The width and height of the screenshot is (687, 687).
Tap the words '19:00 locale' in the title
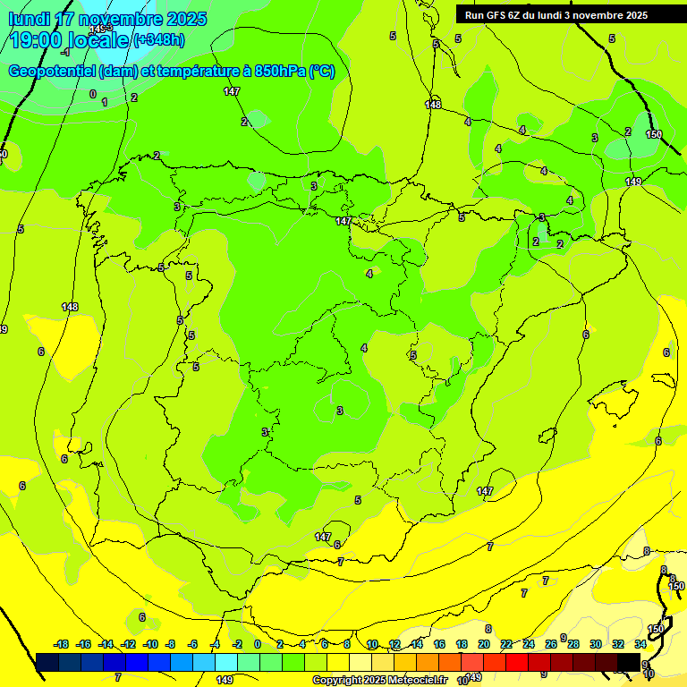tap(70, 40)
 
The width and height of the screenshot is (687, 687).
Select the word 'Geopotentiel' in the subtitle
tap(52, 72)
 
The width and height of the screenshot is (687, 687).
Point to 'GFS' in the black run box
tap(496, 15)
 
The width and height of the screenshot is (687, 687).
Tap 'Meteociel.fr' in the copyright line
tap(411, 681)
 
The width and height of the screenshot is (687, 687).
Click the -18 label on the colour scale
tap(61, 644)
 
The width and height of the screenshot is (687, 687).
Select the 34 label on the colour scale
tap(640, 644)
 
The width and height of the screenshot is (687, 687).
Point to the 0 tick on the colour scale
tap(258, 644)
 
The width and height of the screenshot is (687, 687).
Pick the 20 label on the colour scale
tap(483, 644)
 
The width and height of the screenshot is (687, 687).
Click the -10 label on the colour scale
tap(150, 644)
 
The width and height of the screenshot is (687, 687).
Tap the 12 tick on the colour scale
tap(394, 644)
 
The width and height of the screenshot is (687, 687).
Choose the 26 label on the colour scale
tap(550, 644)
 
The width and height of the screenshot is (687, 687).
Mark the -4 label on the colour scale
tap(215, 644)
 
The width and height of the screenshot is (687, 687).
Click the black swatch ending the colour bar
tap(629, 662)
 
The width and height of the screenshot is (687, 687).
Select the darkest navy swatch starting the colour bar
tap(47, 662)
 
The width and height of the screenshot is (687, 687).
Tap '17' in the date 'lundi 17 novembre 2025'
tap(64, 19)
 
